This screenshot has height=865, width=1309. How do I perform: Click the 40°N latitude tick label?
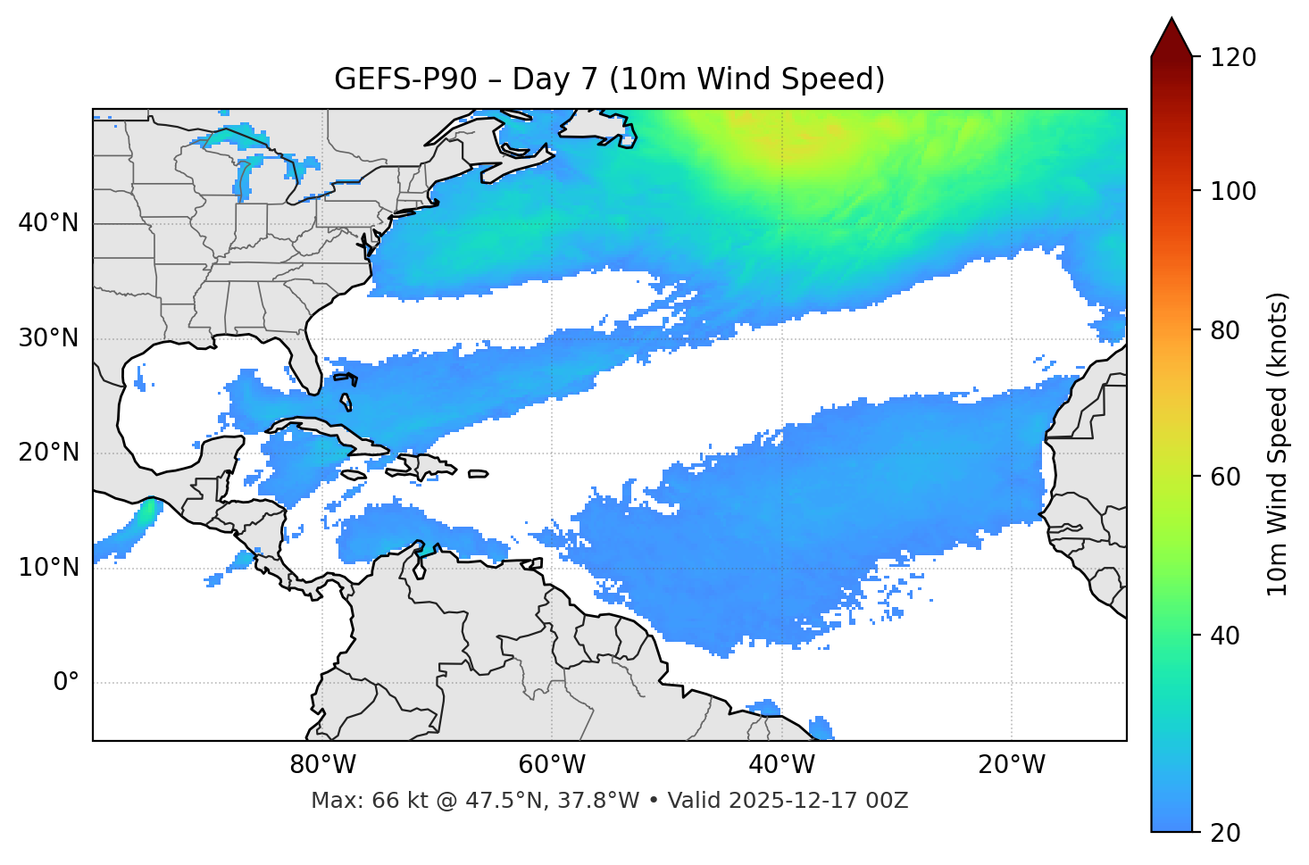[48, 223]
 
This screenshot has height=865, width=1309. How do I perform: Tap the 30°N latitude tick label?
[48, 338]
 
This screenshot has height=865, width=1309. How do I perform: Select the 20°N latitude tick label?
[48, 453]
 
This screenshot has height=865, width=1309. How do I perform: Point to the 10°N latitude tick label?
[48, 568]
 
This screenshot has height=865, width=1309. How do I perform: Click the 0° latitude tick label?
[66, 683]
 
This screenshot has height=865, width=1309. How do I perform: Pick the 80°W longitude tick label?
[322, 765]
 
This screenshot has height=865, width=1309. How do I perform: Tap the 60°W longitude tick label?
[552, 765]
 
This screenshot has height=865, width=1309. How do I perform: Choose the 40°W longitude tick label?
[781, 765]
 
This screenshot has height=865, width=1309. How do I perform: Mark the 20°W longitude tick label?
[1011, 765]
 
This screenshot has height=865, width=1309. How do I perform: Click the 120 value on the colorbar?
[1233, 58]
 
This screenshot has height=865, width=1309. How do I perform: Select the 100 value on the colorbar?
[1233, 191]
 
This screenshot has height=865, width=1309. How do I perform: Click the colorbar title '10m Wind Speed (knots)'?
[1278, 444]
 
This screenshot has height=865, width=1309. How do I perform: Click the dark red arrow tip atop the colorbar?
[1171, 34]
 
